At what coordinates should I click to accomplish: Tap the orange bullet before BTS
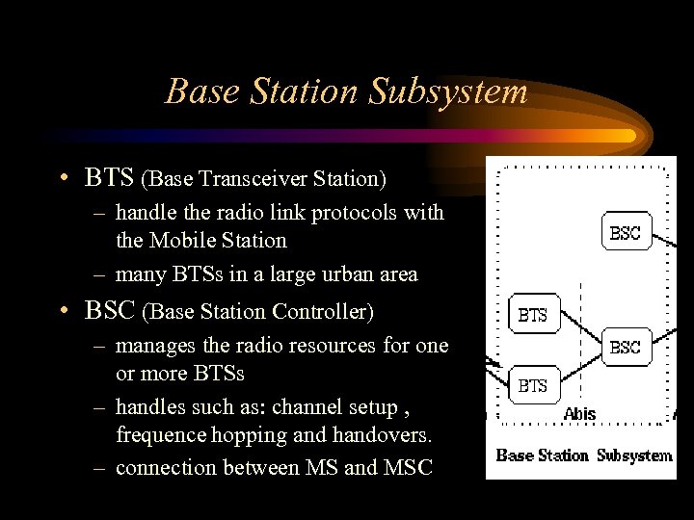(62, 178)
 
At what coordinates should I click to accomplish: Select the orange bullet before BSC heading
(62, 311)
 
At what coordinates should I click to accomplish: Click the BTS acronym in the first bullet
(110, 178)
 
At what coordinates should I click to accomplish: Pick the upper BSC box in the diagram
(625, 232)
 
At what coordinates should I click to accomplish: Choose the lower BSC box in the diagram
(625, 348)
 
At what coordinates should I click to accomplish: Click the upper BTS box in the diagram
(532, 314)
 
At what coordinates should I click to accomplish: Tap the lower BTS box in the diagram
(532, 385)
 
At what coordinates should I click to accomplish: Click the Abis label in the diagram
(579, 414)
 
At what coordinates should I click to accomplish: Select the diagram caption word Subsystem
(633, 455)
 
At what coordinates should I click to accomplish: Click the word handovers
(385, 435)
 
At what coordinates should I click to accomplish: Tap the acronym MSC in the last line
(412, 467)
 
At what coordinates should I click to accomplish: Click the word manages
(154, 345)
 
